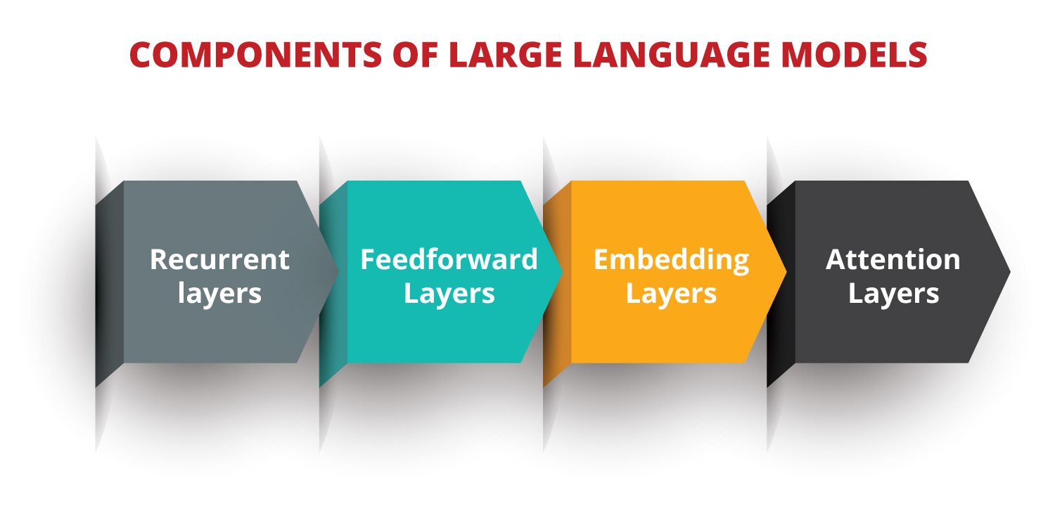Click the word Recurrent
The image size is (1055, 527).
pyautogui.click(x=219, y=259)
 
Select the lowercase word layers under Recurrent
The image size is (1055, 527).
pyautogui.click(x=219, y=292)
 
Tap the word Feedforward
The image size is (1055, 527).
pyautogui.click(x=449, y=259)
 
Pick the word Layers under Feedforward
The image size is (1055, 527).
pyautogui.click(x=449, y=292)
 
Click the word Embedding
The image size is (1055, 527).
pyautogui.click(x=671, y=259)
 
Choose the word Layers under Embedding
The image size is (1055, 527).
pyautogui.click(x=671, y=292)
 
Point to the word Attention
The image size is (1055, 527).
pyautogui.click(x=893, y=259)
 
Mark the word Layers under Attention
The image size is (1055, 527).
pyautogui.click(x=893, y=292)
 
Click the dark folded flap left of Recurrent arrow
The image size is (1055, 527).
pyautogui.click(x=110, y=281)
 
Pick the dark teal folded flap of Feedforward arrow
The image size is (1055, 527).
pyautogui.click(x=333, y=281)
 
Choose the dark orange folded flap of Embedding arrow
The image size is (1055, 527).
pyautogui.click(x=557, y=281)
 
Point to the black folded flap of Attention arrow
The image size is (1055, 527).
pyautogui.click(x=781, y=281)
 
